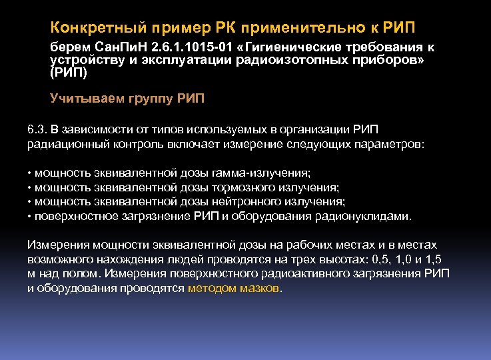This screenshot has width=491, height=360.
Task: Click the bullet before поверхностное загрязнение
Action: click(x=30, y=217)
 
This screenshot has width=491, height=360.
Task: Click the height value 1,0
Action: click(x=408, y=259)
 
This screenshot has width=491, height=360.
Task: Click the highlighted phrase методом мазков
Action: click(x=234, y=289)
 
